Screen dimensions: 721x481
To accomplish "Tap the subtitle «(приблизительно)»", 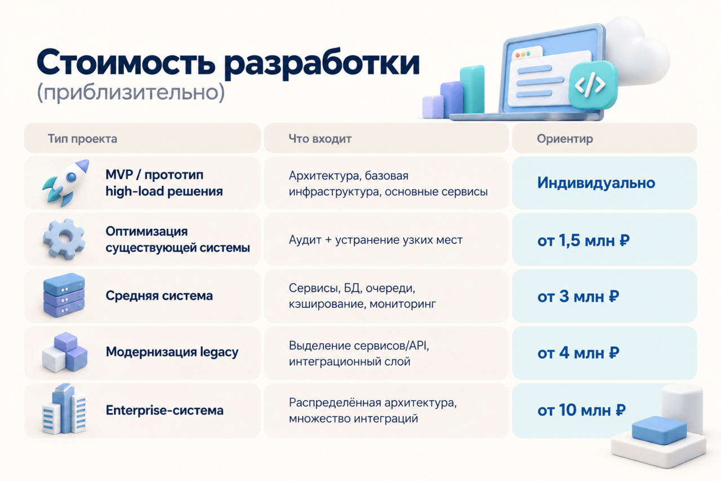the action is [x=131, y=92].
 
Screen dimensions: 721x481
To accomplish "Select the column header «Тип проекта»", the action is [x=82, y=139].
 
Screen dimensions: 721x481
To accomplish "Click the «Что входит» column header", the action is [x=320, y=139].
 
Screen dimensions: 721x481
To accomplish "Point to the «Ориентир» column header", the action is [x=565, y=139].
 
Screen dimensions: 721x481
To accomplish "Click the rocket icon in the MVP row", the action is [x=66, y=183].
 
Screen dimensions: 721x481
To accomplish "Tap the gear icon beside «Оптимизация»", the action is [x=64, y=239].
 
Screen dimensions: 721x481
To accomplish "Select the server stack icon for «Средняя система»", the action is [x=64, y=295].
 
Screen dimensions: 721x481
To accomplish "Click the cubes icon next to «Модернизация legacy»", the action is [x=65, y=352].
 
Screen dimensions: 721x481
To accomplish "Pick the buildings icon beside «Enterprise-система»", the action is [x=64, y=408].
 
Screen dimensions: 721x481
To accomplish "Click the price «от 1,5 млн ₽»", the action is [x=583, y=240].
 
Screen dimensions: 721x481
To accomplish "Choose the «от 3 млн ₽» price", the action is [x=578, y=297].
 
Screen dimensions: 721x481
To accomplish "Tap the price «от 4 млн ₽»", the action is [x=578, y=353].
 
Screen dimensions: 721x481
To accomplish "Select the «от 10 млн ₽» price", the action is [x=581, y=410].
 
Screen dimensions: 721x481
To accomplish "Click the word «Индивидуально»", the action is [x=596, y=183].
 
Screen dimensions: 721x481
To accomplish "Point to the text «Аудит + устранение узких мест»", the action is [x=376, y=240].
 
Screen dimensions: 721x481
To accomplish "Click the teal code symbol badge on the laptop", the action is [x=593, y=85].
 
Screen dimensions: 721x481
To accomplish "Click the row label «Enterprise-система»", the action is [x=164, y=410].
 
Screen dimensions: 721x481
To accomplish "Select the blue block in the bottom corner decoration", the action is [x=659, y=430].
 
